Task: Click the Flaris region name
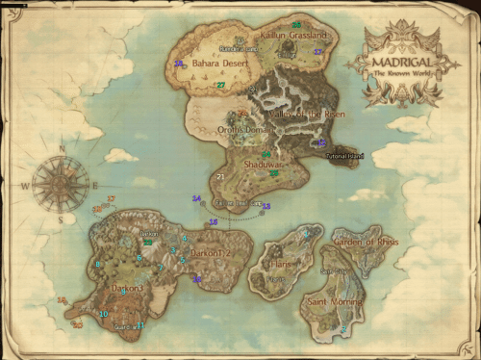[281, 262]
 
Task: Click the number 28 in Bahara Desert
[178, 64]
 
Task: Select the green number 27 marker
[221, 86]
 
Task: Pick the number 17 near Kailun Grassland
[317, 52]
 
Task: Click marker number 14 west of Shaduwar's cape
[196, 199]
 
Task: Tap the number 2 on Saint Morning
[343, 330]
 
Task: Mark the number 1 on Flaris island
[307, 235]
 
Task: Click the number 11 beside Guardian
[140, 326]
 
